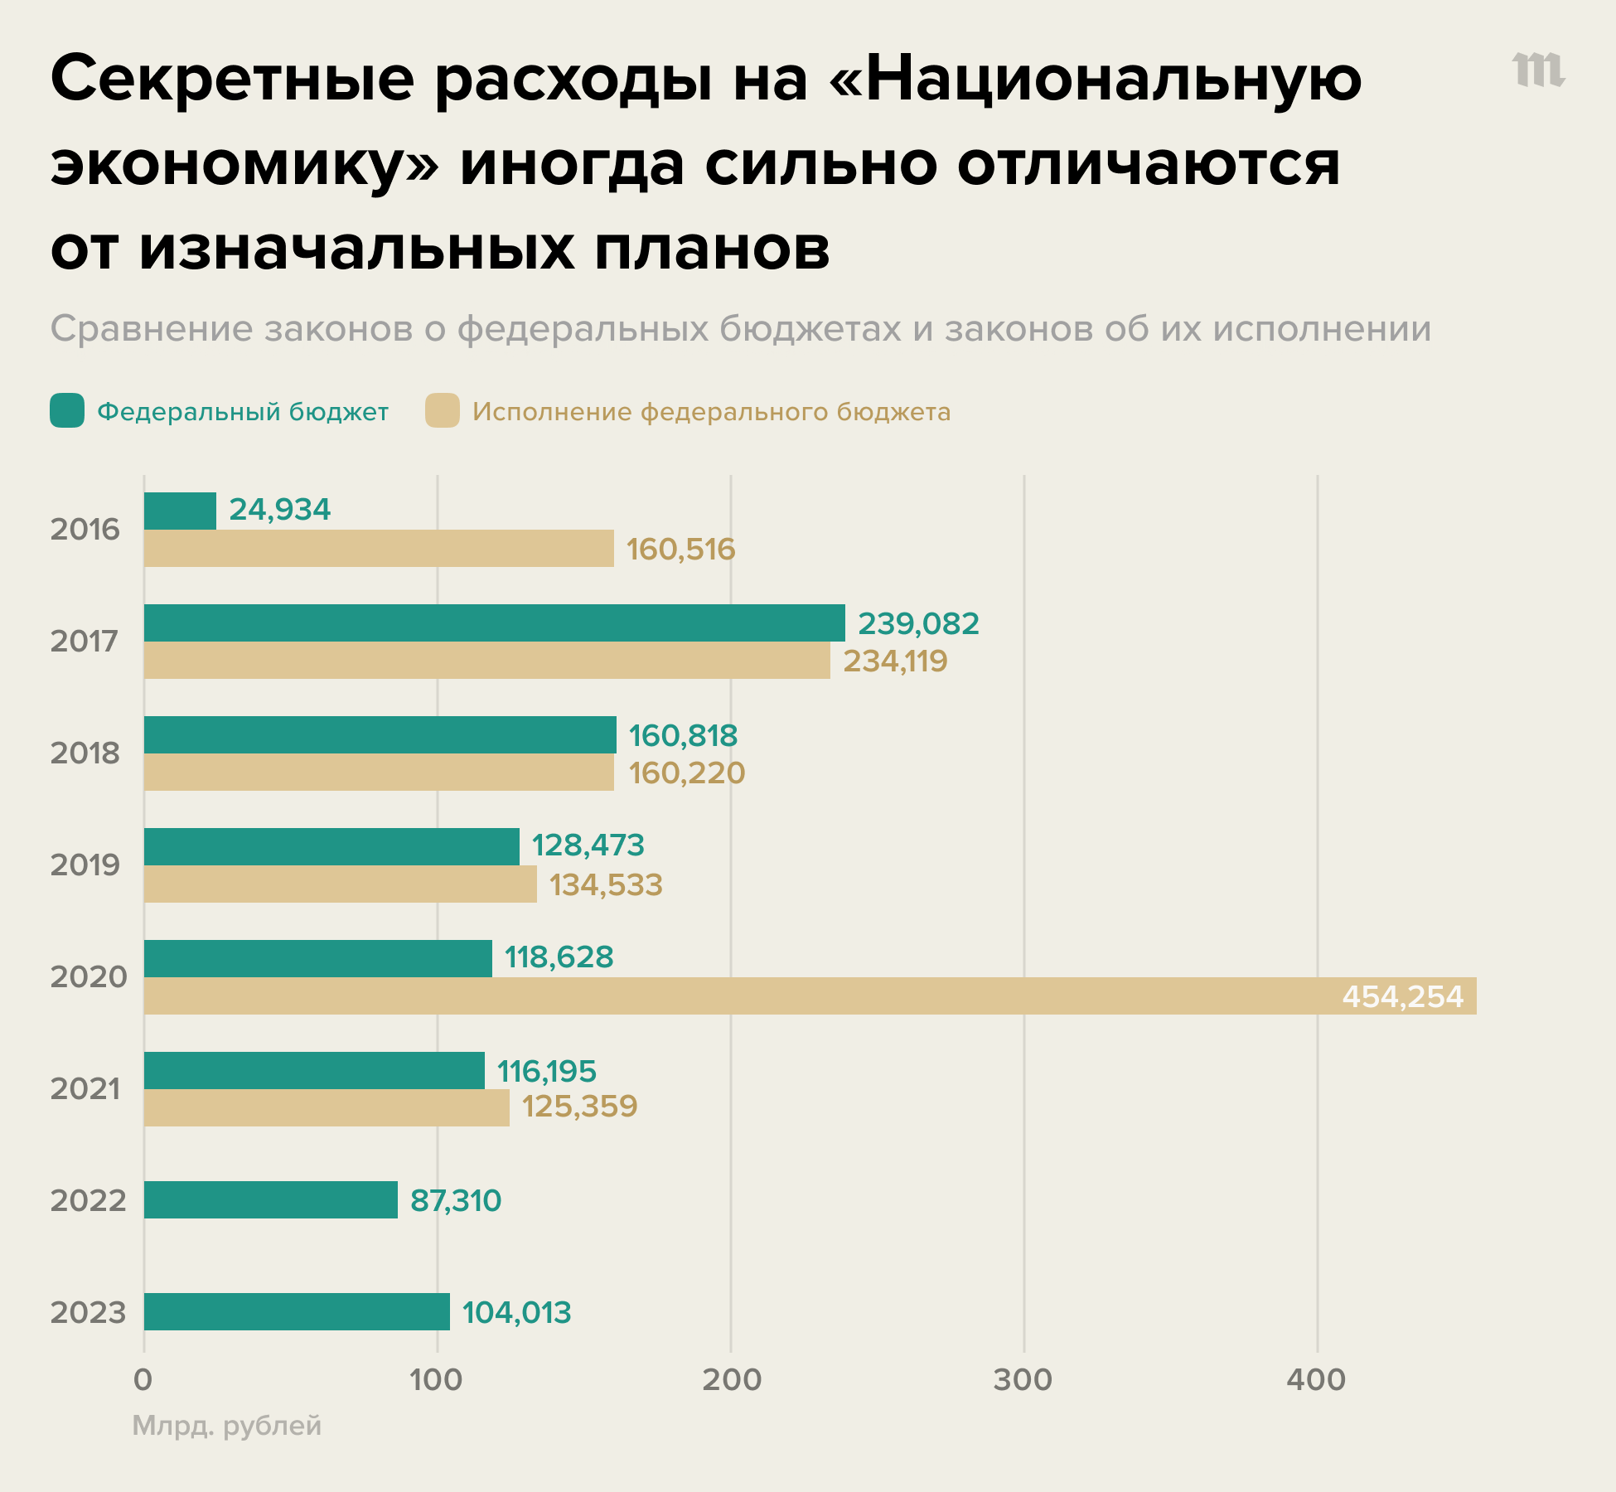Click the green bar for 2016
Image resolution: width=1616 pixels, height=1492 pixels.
[x=180, y=511]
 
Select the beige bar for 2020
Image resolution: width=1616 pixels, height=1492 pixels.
[x=810, y=995]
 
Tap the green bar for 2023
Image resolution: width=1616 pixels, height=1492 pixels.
[x=297, y=1311]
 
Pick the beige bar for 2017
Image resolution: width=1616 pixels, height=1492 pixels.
[x=486, y=660]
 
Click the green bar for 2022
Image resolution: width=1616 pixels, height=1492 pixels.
[x=270, y=1199]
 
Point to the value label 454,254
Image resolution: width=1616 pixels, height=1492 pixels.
[x=1402, y=996]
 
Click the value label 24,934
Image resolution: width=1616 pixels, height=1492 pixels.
[x=279, y=510]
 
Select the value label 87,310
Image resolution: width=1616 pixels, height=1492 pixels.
[x=456, y=1200]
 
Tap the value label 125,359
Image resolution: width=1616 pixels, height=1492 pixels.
[x=579, y=1107]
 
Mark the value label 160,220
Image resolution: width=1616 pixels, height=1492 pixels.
[x=686, y=773]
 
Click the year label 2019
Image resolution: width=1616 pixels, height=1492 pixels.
[x=85, y=865]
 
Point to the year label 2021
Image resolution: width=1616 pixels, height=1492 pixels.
[x=85, y=1089]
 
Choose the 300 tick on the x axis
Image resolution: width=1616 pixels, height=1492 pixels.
[x=1023, y=1380]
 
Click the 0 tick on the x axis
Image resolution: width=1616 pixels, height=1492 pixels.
[x=143, y=1380]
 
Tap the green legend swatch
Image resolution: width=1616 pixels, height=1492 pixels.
[x=67, y=411]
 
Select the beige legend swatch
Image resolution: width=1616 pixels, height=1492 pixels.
[x=443, y=411]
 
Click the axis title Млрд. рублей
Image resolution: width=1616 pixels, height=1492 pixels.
[x=227, y=1426]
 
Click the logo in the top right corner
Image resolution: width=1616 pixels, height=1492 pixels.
[x=1538, y=71]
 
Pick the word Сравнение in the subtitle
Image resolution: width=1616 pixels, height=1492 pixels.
[x=152, y=329]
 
